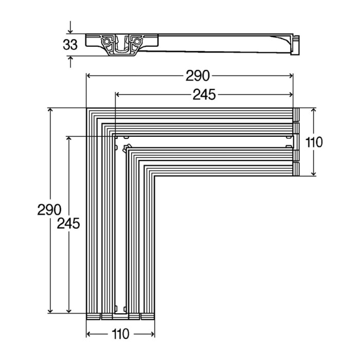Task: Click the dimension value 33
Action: click(70, 45)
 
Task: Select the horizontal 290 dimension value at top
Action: click(197, 76)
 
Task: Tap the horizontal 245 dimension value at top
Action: click(204, 95)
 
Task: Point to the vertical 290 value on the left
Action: click(49, 210)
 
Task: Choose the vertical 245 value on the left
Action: click(68, 223)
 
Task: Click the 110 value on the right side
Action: click(314, 142)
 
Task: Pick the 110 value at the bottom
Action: click(120, 334)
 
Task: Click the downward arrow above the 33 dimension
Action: click(70, 27)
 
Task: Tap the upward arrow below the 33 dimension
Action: click(70, 62)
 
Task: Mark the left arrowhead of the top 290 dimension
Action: click(88, 76)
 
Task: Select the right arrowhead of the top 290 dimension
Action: click(291, 76)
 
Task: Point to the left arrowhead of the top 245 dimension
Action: click(118, 94)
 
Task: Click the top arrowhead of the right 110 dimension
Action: click(313, 111)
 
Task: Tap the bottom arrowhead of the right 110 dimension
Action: click(313, 173)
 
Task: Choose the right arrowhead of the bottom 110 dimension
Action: click(152, 334)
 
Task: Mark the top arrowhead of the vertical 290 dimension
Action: click(50, 111)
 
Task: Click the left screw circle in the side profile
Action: click(106, 42)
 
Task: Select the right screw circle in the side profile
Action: click(137, 42)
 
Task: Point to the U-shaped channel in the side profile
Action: click(122, 45)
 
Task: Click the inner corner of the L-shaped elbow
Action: click(154, 176)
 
